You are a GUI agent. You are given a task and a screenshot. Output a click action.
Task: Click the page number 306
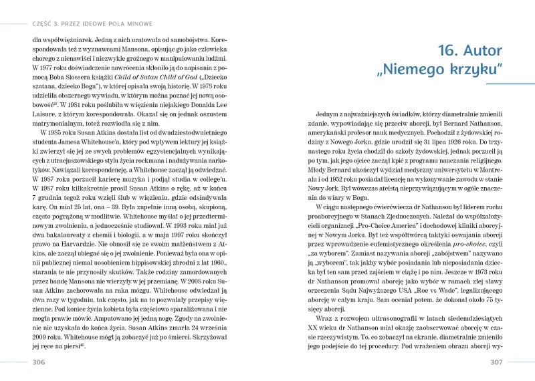click(x=39, y=362)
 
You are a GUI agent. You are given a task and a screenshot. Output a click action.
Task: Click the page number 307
click(x=496, y=362)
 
